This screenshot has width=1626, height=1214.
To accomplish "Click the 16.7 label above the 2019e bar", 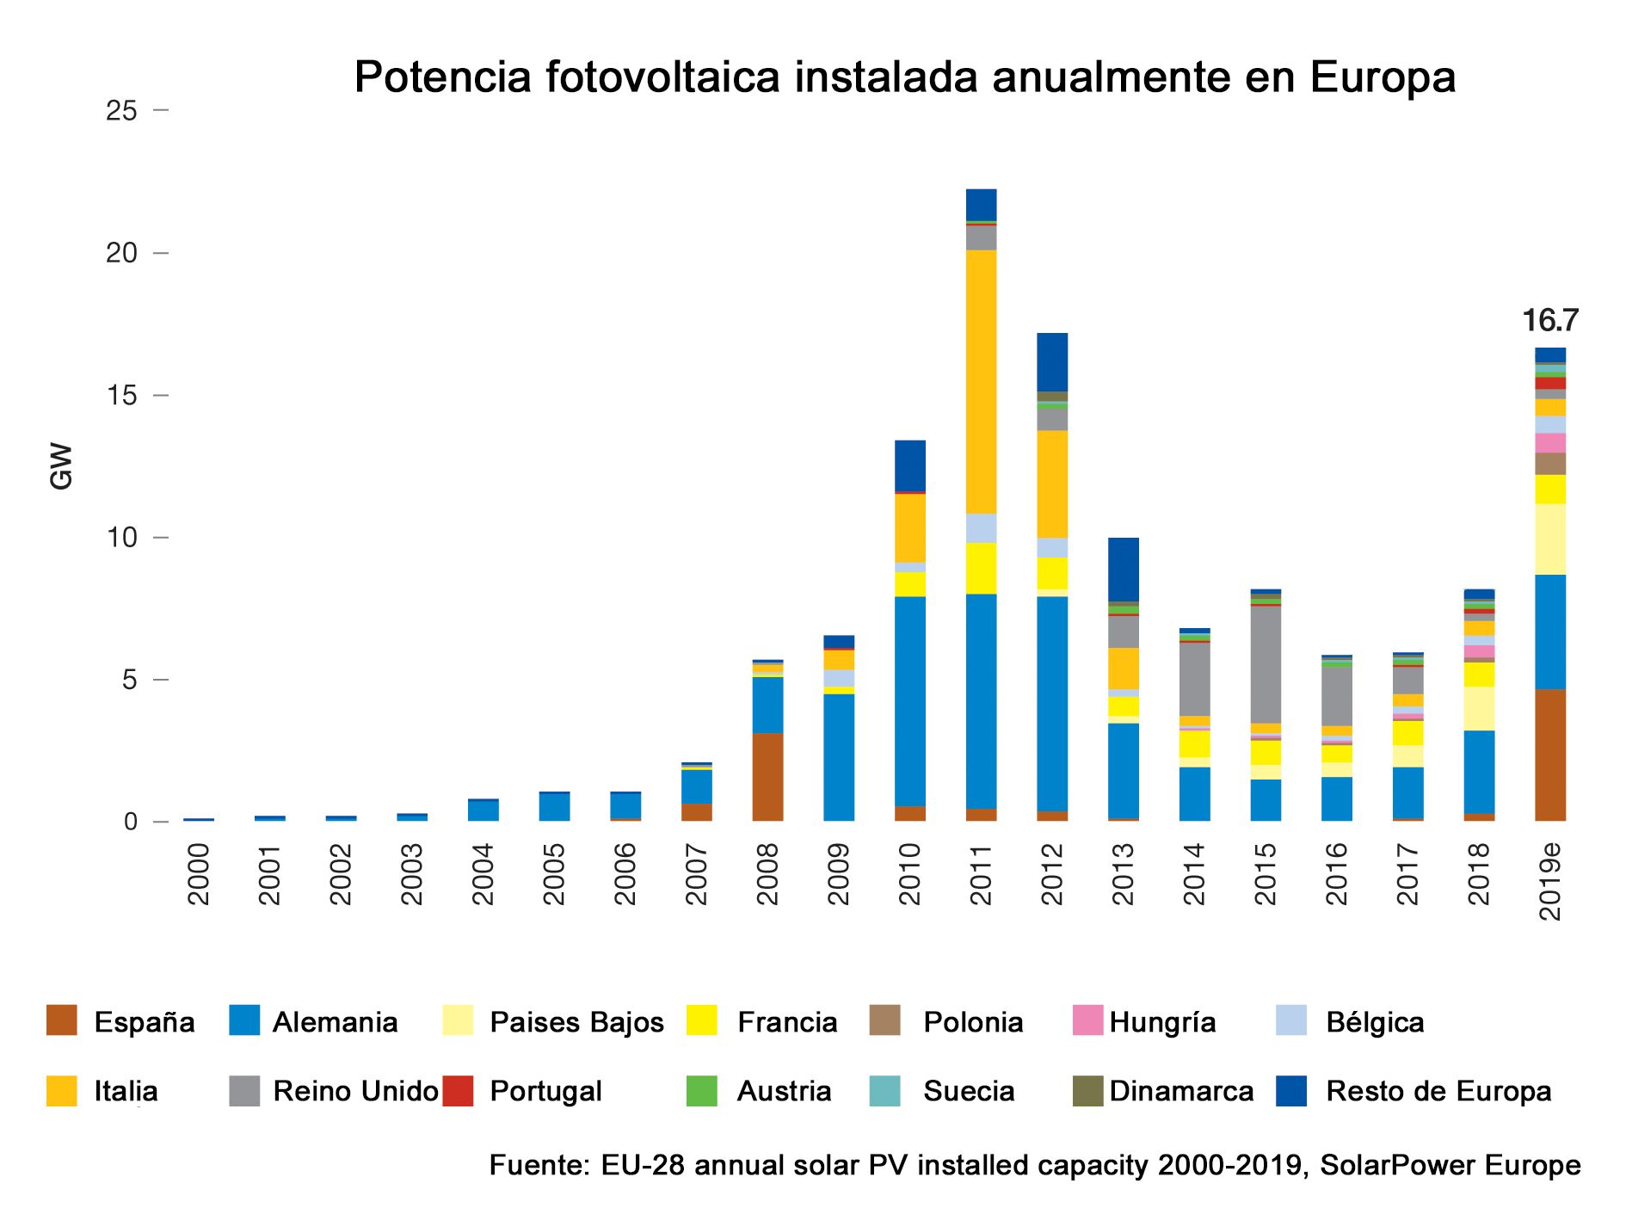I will click(x=1549, y=321).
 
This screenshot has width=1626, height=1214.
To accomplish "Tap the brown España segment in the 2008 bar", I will click(x=767, y=777).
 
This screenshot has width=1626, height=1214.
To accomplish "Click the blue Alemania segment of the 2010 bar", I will click(x=910, y=701).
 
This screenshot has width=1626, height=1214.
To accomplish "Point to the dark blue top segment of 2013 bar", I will click(x=1123, y=569).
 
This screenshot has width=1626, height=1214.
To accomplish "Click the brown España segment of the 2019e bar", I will click(x=1549, y=755).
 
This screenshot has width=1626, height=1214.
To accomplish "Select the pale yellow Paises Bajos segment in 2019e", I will click(x=1549, y=539).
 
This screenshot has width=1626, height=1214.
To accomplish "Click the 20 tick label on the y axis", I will click(x=121, y=253).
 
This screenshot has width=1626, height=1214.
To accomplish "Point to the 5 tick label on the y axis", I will click(x=129, y=680).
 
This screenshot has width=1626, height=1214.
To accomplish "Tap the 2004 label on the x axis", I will click(x=483, y=874).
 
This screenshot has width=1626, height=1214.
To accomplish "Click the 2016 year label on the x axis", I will click(x=1336, y=874).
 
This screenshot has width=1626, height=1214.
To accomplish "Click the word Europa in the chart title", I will click(x=1383, y=77).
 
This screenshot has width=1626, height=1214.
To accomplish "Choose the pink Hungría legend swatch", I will click(x=1088, y=1020).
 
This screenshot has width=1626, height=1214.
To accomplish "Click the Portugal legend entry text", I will click(x=545, y=1091).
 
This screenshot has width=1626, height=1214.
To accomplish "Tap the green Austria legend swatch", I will click(x=702, y=1091).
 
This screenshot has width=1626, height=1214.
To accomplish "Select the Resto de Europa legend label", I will click(x=1438, y=1091).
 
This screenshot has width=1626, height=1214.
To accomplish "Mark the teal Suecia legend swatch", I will click(x=885, y=1091).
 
